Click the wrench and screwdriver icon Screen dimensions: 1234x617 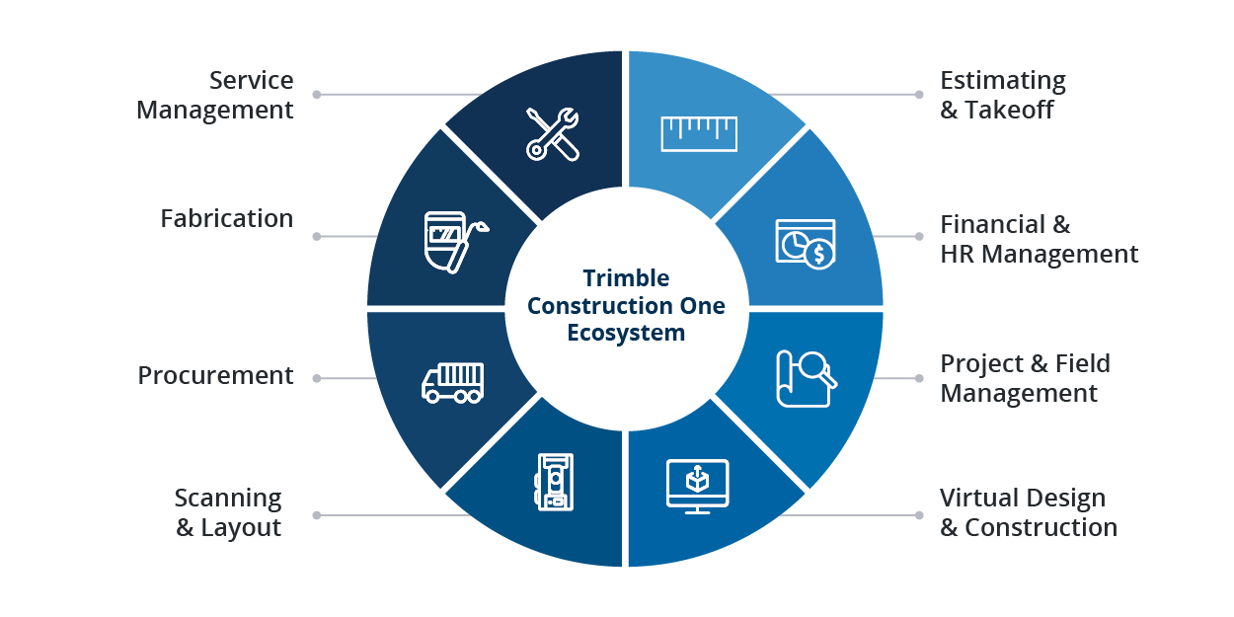point(553,134)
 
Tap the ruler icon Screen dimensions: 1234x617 point(699,133)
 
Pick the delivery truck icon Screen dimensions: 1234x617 point(452,382)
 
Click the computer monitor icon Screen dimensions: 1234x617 point(697,486)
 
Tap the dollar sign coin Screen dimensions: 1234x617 point(819,255)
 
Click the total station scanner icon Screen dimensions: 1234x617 point(554,482)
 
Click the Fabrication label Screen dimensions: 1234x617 point(226,219)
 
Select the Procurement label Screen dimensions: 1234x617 point(215,376)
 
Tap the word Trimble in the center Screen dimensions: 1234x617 point(626,278)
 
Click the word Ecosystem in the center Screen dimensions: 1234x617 point(626,333)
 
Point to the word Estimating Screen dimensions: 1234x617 point(1003,82)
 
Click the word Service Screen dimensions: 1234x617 point(251,80)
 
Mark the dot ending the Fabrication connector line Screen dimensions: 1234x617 point(317,236)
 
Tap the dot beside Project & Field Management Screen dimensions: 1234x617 point(919,378)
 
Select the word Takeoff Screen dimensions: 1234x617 point(1009,110)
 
